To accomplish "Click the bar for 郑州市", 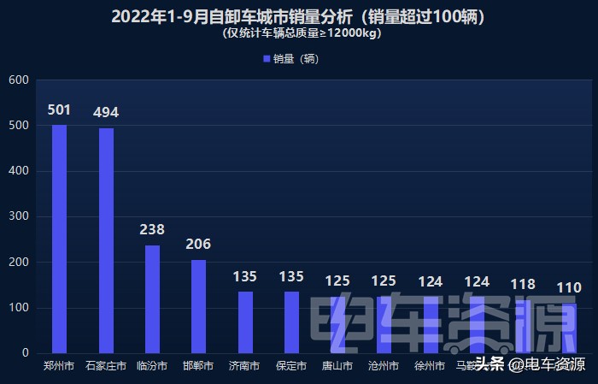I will coord(59,239).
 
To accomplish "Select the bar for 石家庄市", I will coord(106,241).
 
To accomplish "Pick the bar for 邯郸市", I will coord(198,306).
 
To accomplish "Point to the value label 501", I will coord(59,109).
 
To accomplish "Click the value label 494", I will coord(106,113).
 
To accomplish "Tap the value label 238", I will coord(152,229).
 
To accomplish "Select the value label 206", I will coord(198,244).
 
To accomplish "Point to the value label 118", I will coord(523,284).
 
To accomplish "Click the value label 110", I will coord(569,287).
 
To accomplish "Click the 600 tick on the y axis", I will coord(20,80).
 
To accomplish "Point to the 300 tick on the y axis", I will coord(20,217).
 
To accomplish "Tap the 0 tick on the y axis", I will coord(26,353).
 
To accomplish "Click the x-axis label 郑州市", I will coord(59,366).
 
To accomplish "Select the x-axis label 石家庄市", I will coord(106,366).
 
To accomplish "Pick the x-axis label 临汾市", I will coord(152,366).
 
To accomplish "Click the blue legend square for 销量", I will coord(267,59).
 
